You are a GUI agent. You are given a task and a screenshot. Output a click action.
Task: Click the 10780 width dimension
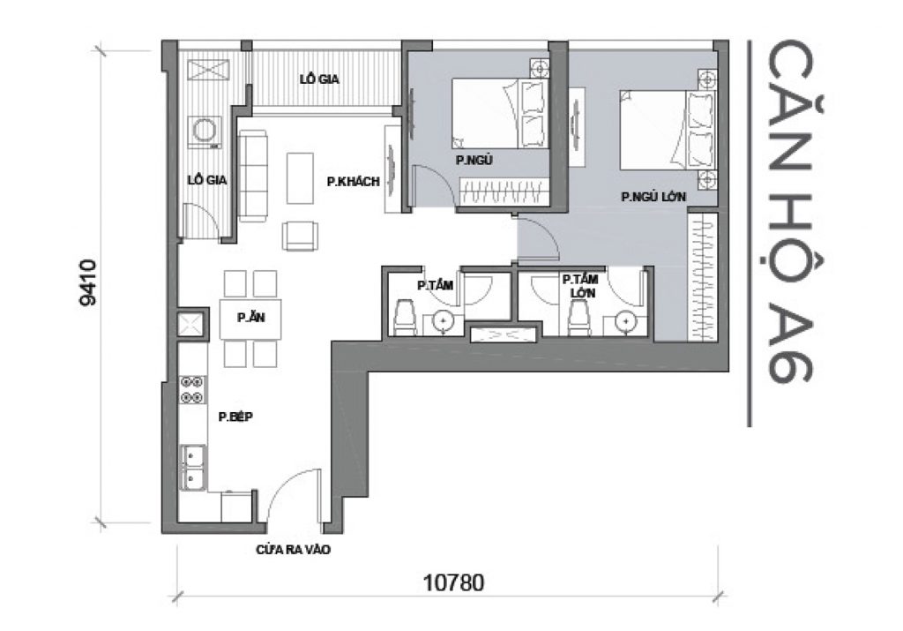pos(454,583)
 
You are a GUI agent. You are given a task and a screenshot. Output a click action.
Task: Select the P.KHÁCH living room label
pos(352,182)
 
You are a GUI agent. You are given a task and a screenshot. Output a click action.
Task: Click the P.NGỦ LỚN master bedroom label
pos(653,197)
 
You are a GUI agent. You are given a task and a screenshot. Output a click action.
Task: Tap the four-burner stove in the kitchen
pos(191,390)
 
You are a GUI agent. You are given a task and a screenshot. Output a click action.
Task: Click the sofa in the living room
pos(252,176)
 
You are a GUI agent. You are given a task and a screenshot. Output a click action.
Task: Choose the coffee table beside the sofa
pos(300,177)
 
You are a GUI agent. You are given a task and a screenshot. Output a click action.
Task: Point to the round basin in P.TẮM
pos(444,323)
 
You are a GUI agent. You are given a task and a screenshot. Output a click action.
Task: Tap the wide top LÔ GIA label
pos(320,79)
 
